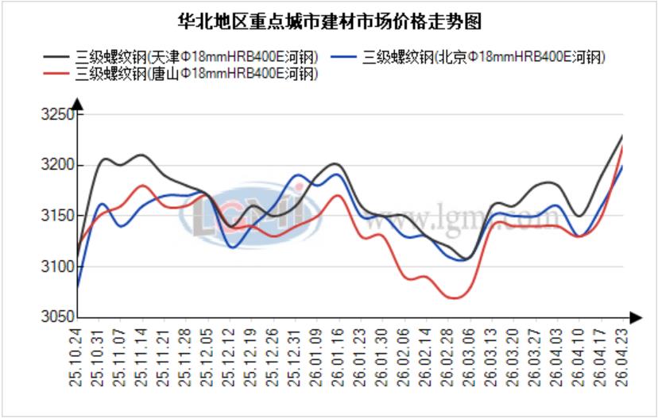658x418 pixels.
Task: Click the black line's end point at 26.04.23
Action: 622,136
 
